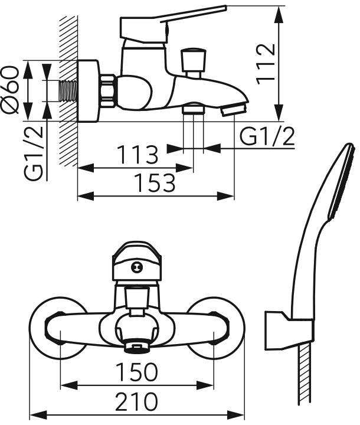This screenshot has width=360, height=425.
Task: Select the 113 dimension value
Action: click(x=138, y=155)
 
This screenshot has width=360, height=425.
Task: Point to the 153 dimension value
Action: click(x=155, y=183)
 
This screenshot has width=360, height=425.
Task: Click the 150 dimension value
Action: click(x=136, y=372)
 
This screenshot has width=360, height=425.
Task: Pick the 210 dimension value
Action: click(x=136, y=401)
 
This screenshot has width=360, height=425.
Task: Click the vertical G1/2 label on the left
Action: click(x=34, y=153)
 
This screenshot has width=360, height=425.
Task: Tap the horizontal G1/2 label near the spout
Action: click(x=267, y=136)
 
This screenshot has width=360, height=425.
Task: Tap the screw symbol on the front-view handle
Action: click(x=136, y=267)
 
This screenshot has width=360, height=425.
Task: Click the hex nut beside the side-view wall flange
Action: click(x=108, y=91)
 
